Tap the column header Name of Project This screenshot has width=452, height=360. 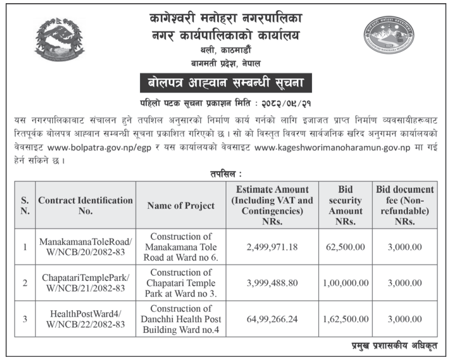(x=180, y=205)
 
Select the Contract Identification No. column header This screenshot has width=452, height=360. (x=86, y=205)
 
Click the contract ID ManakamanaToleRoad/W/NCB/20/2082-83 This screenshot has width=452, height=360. (x=86, y=247)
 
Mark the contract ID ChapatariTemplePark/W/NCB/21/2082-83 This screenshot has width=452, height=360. (x=86, y=283)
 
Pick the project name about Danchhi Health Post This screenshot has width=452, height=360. (x=180, y=319)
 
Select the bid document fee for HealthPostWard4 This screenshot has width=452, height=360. (x=405, y=319)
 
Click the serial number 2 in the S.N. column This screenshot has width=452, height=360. (x=25, y=283)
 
